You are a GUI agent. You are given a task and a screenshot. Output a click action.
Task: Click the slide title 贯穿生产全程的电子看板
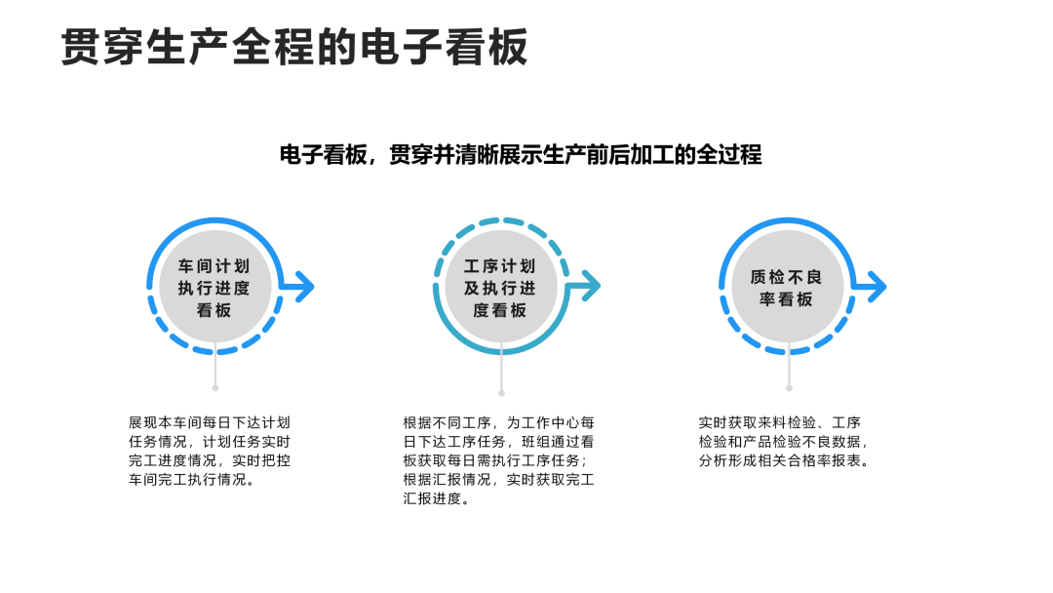[293, 47]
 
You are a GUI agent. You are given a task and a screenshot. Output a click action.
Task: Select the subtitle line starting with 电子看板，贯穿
[520, 155]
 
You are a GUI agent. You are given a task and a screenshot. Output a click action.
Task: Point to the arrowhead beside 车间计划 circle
[302, 287]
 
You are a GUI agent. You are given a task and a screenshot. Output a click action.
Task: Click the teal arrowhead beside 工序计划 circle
[588, 287]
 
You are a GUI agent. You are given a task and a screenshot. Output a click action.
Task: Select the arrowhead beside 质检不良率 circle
[875, 287]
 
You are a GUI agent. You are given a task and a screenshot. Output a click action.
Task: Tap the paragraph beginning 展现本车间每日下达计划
[210, 451]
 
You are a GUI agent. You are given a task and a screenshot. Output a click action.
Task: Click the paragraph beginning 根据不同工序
[499, 460]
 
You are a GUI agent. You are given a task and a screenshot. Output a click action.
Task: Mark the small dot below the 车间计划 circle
[214, 387]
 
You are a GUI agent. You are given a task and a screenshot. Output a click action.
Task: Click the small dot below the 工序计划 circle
[501, 393]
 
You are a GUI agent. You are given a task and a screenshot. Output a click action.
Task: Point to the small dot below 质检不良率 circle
[788, 387]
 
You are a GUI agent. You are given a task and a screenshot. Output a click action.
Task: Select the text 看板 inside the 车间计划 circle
[214, 310]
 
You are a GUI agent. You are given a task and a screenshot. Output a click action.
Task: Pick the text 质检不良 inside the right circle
[787, 276]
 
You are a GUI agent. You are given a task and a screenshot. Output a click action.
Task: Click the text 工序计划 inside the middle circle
[500, 265]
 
